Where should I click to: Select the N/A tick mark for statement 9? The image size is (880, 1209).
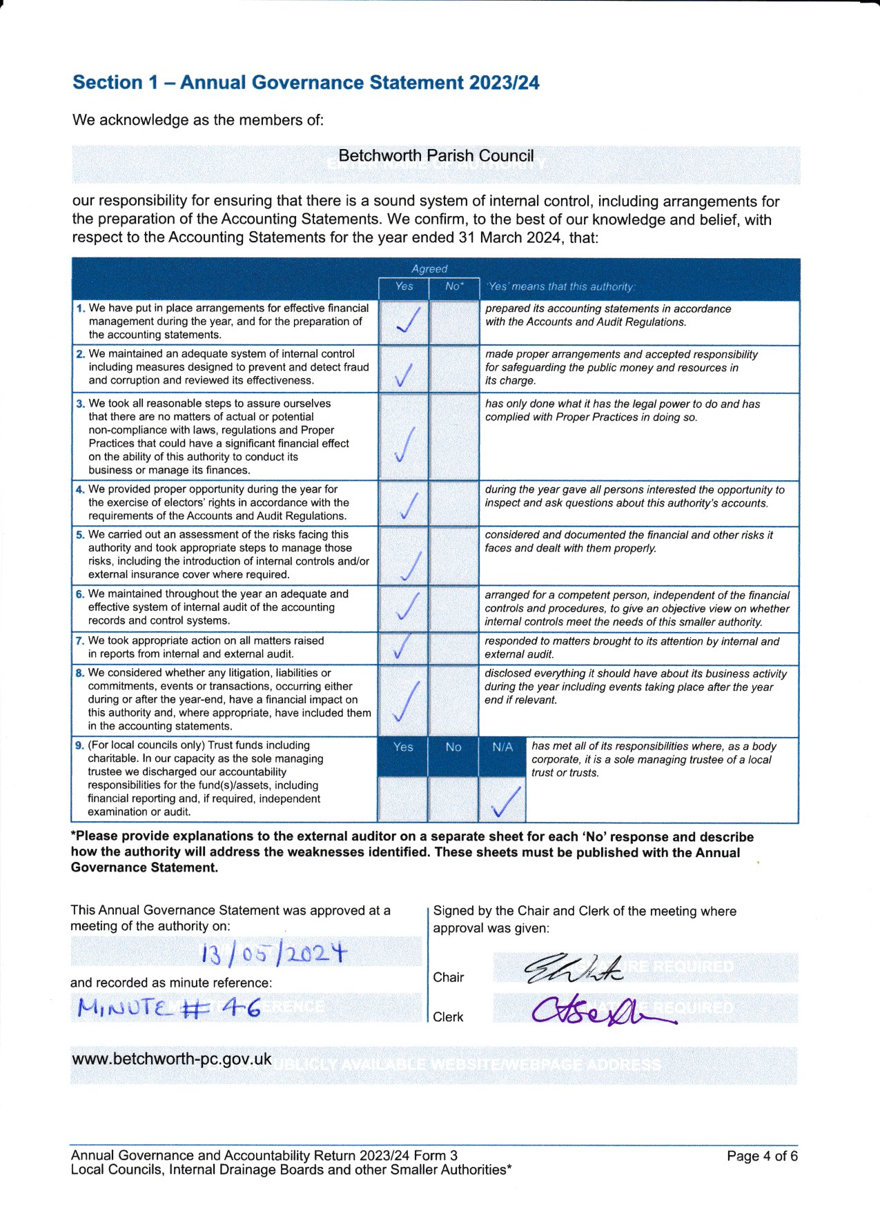pyautogui.click(x=505, y=801)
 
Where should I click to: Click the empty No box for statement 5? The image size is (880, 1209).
pyautogui.click(x=453, y=556)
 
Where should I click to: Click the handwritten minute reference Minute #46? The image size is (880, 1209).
pyautogui.click(x=168, y=1009)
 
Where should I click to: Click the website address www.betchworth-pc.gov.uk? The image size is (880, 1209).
pyautogui.click(x=171, y=1059)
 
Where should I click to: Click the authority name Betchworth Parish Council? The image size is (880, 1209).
pyautogui.click(x=436, y=156)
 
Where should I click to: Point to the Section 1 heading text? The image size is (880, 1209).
pyautogui.click(x=306, y=83)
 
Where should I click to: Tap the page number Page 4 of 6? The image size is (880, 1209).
pyautogui.click(x=762, y=1156)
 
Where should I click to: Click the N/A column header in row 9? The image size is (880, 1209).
pyautogui.click(x=502, y=747)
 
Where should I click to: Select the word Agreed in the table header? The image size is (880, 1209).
pyautogui.click(x=429, y=268)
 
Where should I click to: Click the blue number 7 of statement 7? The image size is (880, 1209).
pyautogui.click(x=80, y=641)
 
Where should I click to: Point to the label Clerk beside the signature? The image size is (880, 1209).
pyautogui.click(x=448, y=1016)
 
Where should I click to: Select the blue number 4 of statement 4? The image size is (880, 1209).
pyautogui.click(x=80, y=490)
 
